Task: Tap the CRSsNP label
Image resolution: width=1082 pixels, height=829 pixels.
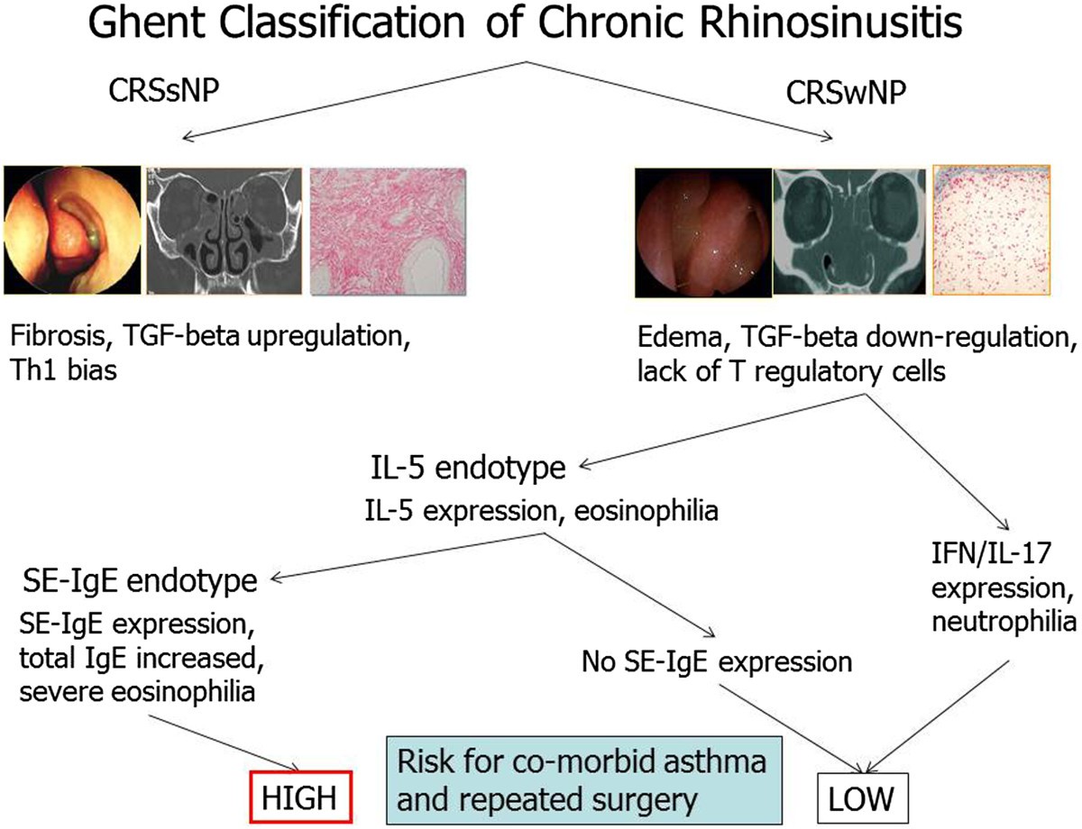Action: (x=164, y=91)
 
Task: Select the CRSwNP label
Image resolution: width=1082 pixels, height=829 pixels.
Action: (x=846, y=93)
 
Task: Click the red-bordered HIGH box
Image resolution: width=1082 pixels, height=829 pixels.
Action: (x=301, y=797)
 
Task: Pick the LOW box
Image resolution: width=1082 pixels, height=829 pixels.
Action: (x=862, y=798)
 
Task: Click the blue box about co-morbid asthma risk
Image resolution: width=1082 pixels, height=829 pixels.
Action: (x=584, y=780)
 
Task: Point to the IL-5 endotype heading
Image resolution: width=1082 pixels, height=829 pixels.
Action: (x=468, y=469)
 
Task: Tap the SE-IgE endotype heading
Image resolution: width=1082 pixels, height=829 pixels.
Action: (x=140, y=581)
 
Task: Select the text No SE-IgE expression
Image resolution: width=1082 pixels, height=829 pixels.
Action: (x=717, y=662)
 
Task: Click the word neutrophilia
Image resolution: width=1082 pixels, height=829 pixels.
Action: (x=1004, y=623)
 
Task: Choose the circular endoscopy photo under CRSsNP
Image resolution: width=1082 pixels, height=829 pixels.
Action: (x=73, y=230)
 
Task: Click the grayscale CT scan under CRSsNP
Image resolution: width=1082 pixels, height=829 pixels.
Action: (x=225, y=231)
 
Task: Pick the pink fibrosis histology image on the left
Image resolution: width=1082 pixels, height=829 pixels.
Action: (x=389, y=232)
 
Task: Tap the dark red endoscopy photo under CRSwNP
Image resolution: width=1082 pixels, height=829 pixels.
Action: (x=703, y=232)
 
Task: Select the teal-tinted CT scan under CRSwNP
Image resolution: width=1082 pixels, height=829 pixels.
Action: (x=849, y=232)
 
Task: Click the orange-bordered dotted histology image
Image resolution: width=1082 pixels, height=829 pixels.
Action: (x=991, y=230)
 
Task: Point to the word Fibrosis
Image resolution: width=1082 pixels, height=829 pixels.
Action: (x=59, y=336)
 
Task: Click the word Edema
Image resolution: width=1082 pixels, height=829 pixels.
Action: (x=680, y=338)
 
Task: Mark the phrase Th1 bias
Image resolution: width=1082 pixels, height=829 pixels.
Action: (x=64, y=371)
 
